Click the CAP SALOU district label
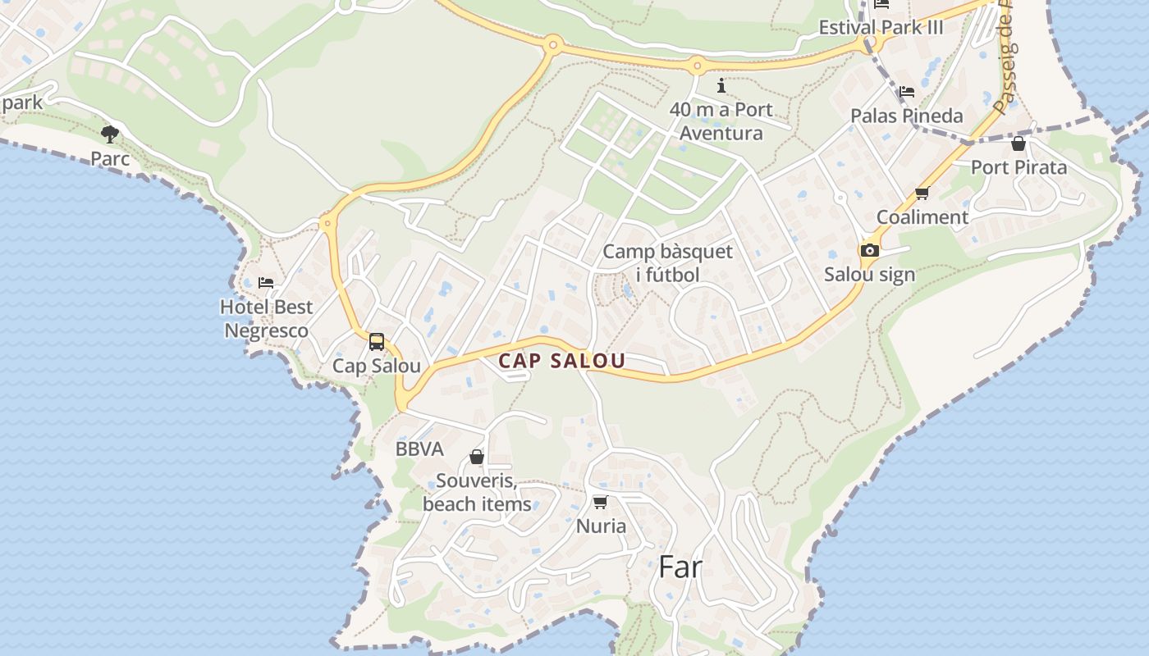tap(562, 361)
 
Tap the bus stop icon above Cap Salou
tap(377, 342)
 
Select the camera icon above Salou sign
tap(869, 250)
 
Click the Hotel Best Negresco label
tap(267, 319)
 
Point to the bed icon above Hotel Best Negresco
tap(266, 283)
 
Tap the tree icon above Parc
tap(110, 134)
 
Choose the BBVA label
tap(419, 449)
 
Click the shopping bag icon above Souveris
tap(477, 457)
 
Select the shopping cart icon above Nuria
tap(600, 502)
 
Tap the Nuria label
tap(601, 526)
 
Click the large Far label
tap(680, 567)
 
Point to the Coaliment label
tap(922, 217)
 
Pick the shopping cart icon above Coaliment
tap(922, 194)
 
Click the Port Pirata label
tap(1019, 168)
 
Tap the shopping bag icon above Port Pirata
tap(1019, 144)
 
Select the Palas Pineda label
tap(906, 116)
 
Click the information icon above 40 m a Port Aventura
tap(721, 85)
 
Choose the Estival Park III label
tap(881, 28)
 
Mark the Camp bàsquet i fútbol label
tap(668, 263)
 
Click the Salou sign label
tap(869, 275)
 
